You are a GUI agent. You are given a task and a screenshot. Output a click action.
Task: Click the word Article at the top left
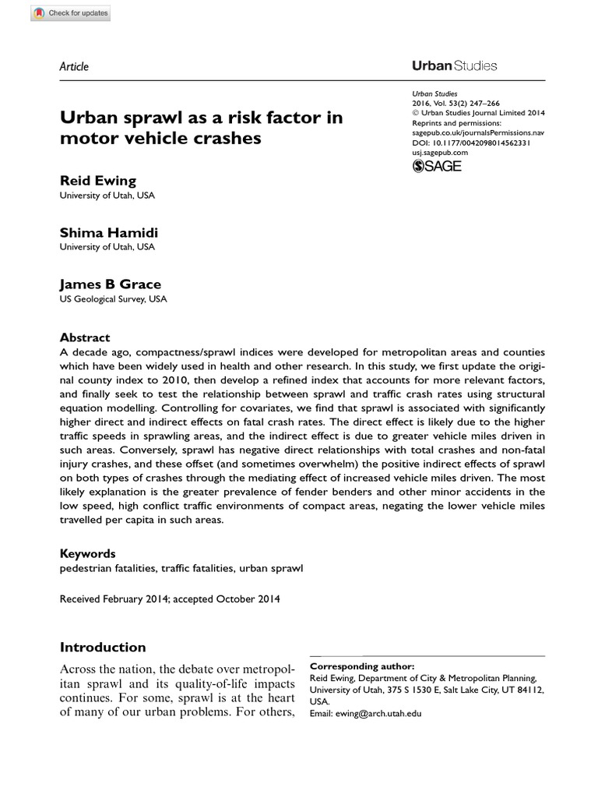[74, 66]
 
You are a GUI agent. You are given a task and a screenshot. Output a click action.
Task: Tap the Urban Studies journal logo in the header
[454, 66]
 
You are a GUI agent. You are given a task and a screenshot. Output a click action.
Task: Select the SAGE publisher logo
[437, 165]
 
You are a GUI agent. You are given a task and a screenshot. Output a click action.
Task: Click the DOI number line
[471, 143]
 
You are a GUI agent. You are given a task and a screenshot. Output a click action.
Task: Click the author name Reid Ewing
[98, 181]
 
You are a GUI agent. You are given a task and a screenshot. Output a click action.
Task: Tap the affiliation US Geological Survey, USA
[113, 298]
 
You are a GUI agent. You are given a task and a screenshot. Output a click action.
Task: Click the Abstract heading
[86, 337]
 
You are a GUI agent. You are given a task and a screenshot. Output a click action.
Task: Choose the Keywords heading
[88, 553]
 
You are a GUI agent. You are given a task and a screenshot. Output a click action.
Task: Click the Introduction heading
[103, 647]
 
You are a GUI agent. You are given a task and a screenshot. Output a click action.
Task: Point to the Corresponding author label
[362, 666]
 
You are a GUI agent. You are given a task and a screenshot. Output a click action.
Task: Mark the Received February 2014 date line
[170, 599]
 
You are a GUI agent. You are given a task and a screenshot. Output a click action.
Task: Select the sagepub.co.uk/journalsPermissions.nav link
[478, 133]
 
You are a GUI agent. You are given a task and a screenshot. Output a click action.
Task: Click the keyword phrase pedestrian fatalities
[107, 568]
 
